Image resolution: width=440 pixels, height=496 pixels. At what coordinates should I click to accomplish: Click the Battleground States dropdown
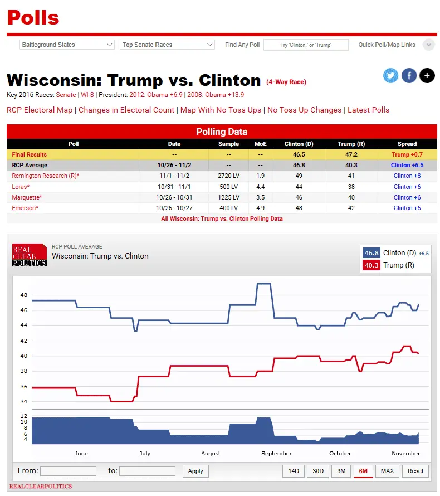coord(67,45)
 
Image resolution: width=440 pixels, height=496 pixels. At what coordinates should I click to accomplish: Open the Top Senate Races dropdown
coord(167,45)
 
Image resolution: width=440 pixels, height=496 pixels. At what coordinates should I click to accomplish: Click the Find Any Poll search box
coord(306,45)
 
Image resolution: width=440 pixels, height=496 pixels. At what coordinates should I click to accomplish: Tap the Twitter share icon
coord(391,76)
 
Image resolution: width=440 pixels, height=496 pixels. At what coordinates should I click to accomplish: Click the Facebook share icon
coord(409,76)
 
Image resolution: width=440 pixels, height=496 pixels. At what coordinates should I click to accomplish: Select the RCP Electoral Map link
coord(40,110)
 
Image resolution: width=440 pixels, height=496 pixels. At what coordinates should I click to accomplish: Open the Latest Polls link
coord(368,110)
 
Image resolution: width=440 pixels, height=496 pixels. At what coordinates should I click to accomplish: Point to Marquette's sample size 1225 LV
coord(228,197)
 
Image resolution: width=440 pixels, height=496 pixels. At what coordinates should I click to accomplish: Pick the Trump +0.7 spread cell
coord(407,154)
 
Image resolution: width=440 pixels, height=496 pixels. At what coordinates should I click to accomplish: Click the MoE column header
coord(261,144)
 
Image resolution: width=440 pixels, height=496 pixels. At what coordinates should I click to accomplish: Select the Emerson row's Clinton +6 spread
coord(407,208)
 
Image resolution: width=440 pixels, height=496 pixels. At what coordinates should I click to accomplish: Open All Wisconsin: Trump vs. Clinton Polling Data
coord(222,218)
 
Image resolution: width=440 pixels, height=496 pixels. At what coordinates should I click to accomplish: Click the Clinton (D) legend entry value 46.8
coord(371,253)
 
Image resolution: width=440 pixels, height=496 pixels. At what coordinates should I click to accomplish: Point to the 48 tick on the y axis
coord(23,295)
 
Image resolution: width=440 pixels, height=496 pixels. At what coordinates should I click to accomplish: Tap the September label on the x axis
coord(276,453)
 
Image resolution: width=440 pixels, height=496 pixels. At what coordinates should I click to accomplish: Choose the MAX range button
coord(387,471)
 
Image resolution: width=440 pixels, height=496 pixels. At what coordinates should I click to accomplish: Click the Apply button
coord(195,471)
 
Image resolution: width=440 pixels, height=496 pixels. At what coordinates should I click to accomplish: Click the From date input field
coord(68,471)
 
